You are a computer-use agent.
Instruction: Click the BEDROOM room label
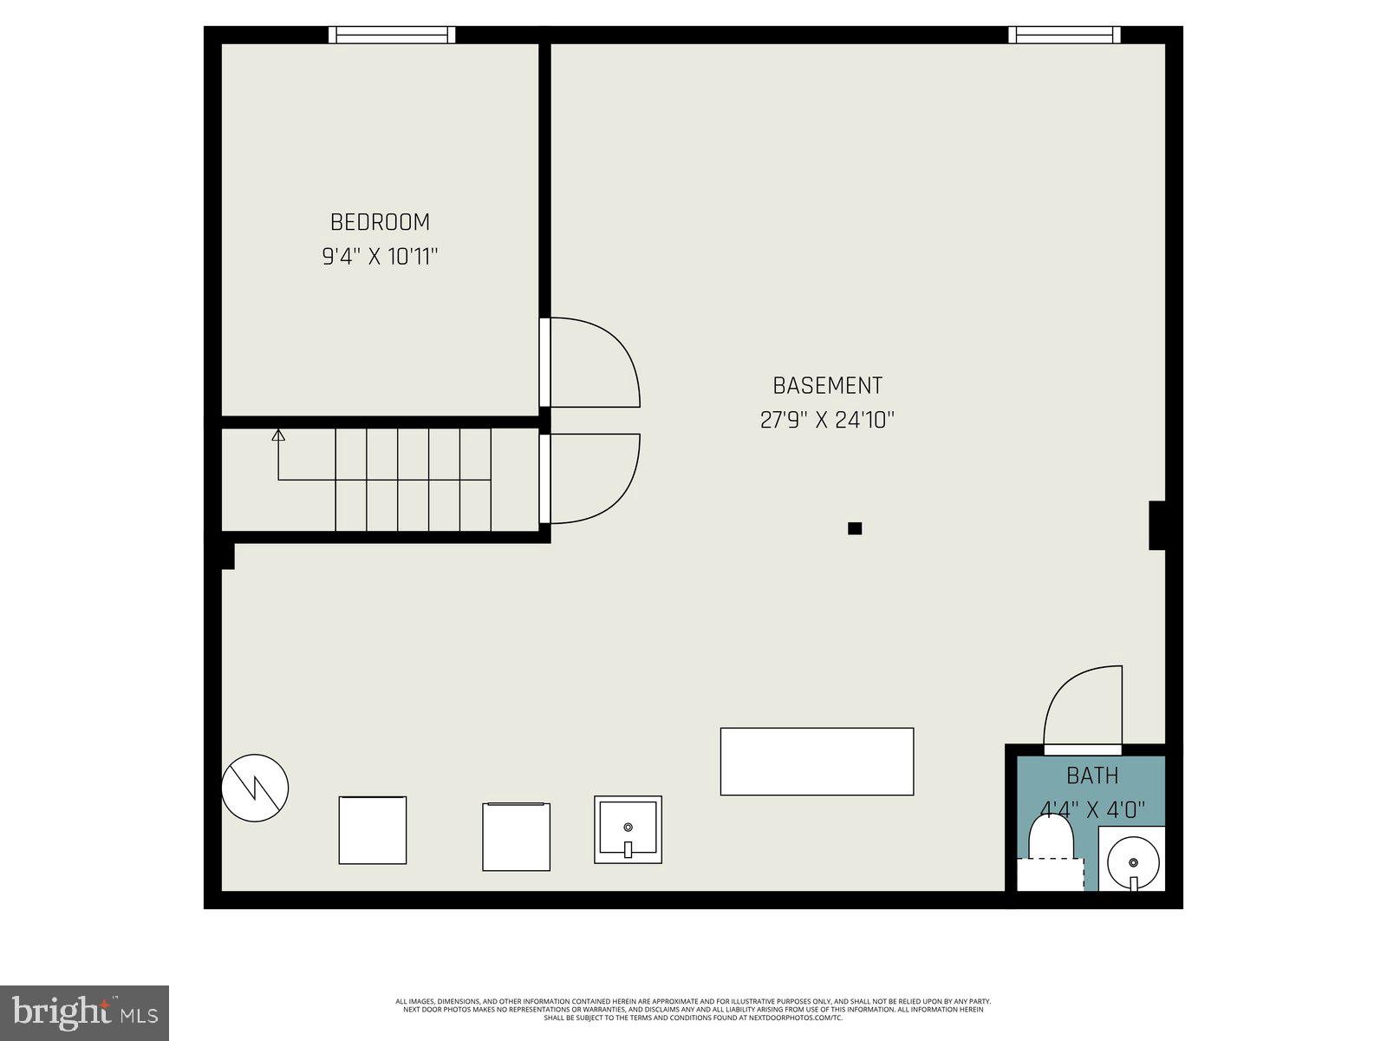click(x=380, y=222)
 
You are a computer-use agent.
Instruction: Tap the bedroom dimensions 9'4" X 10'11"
click(x=381, y=257)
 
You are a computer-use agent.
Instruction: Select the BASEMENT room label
click(x=827, y=385)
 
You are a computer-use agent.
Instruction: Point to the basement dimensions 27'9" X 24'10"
click(x=827, y=421)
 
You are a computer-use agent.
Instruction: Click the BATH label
click(x=1092, y=776)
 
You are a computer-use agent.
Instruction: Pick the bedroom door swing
click(x=594, y=362)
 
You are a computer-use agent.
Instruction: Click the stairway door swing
click(x=594, y=478)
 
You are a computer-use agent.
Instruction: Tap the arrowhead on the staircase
click(x=278, y=435)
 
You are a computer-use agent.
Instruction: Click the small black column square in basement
click(x=855, y=528)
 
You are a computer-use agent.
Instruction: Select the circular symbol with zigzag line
click(x=255, y=788)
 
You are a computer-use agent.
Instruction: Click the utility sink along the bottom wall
click(x=628, y=829)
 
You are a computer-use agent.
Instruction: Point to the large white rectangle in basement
click(x=817, y=761)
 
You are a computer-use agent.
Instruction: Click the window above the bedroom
click(x=392, y=35)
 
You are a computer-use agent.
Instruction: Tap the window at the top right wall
click(x=1064, y=35)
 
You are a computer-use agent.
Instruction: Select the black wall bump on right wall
click(x=1156, y=525)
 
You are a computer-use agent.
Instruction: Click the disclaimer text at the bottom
click(x=693, y=1009)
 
